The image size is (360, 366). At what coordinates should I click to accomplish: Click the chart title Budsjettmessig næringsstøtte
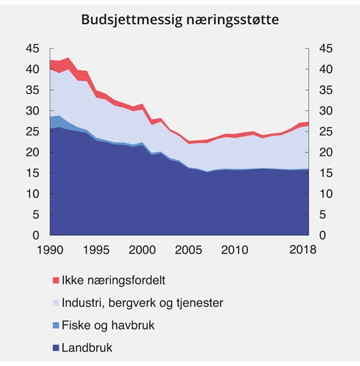pos(180,20)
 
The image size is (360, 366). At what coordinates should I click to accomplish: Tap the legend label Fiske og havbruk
pos(108,325)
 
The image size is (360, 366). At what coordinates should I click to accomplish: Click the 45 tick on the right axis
pos(325,48)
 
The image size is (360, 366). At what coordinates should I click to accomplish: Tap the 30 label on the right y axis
pos(325,111)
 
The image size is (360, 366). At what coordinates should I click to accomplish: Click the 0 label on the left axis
pos(36,236)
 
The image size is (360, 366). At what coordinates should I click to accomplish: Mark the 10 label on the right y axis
pos(325,194)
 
